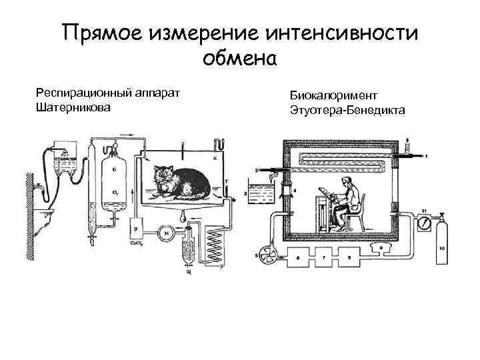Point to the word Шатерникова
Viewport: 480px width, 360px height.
pos(73,107)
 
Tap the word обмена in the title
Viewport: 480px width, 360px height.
pos(239,59)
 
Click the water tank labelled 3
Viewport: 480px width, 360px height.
pos(260,193)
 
